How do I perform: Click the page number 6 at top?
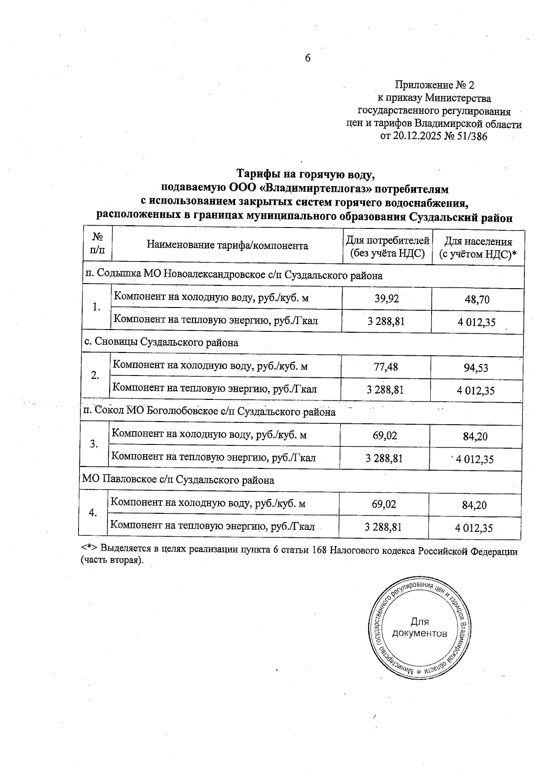pyautogui.click(x=308, y=58)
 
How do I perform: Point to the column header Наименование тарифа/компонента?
pyautogui.click(x=227, y=245)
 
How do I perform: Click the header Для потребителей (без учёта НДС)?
pyautogui.click(x=387, y=247)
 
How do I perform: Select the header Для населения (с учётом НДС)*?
pyautogui.click(x=478, y=248)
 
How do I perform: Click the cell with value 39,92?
pyautogui.click(x=387, y=299)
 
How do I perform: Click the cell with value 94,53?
pyautogui.click(x=476, y=368)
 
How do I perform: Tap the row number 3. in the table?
pyautogui.click(x=94, y=444)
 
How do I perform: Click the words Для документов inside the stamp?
pyautogui.click(x=419, y=628)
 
